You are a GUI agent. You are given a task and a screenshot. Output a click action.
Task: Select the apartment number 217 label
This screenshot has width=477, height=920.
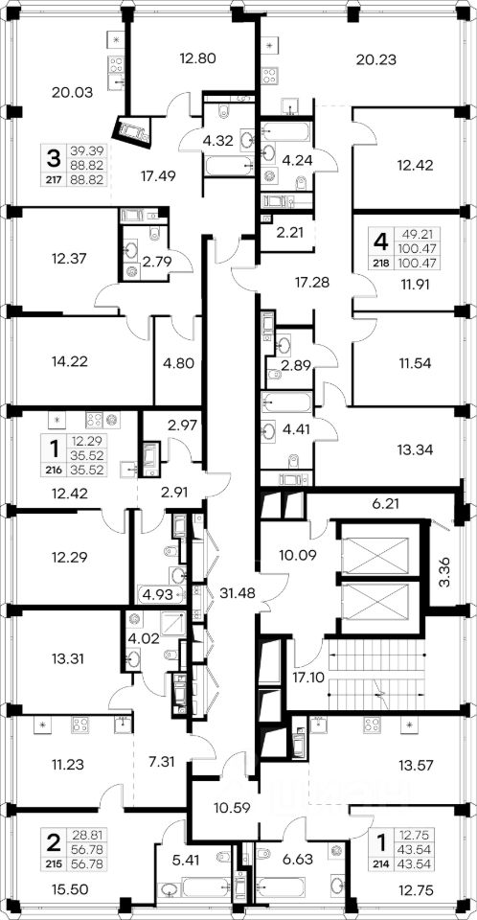coord(54,179)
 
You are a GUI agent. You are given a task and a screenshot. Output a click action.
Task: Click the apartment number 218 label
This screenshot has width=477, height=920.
coord(381,264)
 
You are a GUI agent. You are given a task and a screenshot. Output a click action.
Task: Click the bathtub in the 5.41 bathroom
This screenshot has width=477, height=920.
coord(207,886)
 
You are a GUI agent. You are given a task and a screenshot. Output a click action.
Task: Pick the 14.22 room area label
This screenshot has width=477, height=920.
coord(69,361)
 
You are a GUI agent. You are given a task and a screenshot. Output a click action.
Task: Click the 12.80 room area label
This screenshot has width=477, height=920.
coord(199,58)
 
